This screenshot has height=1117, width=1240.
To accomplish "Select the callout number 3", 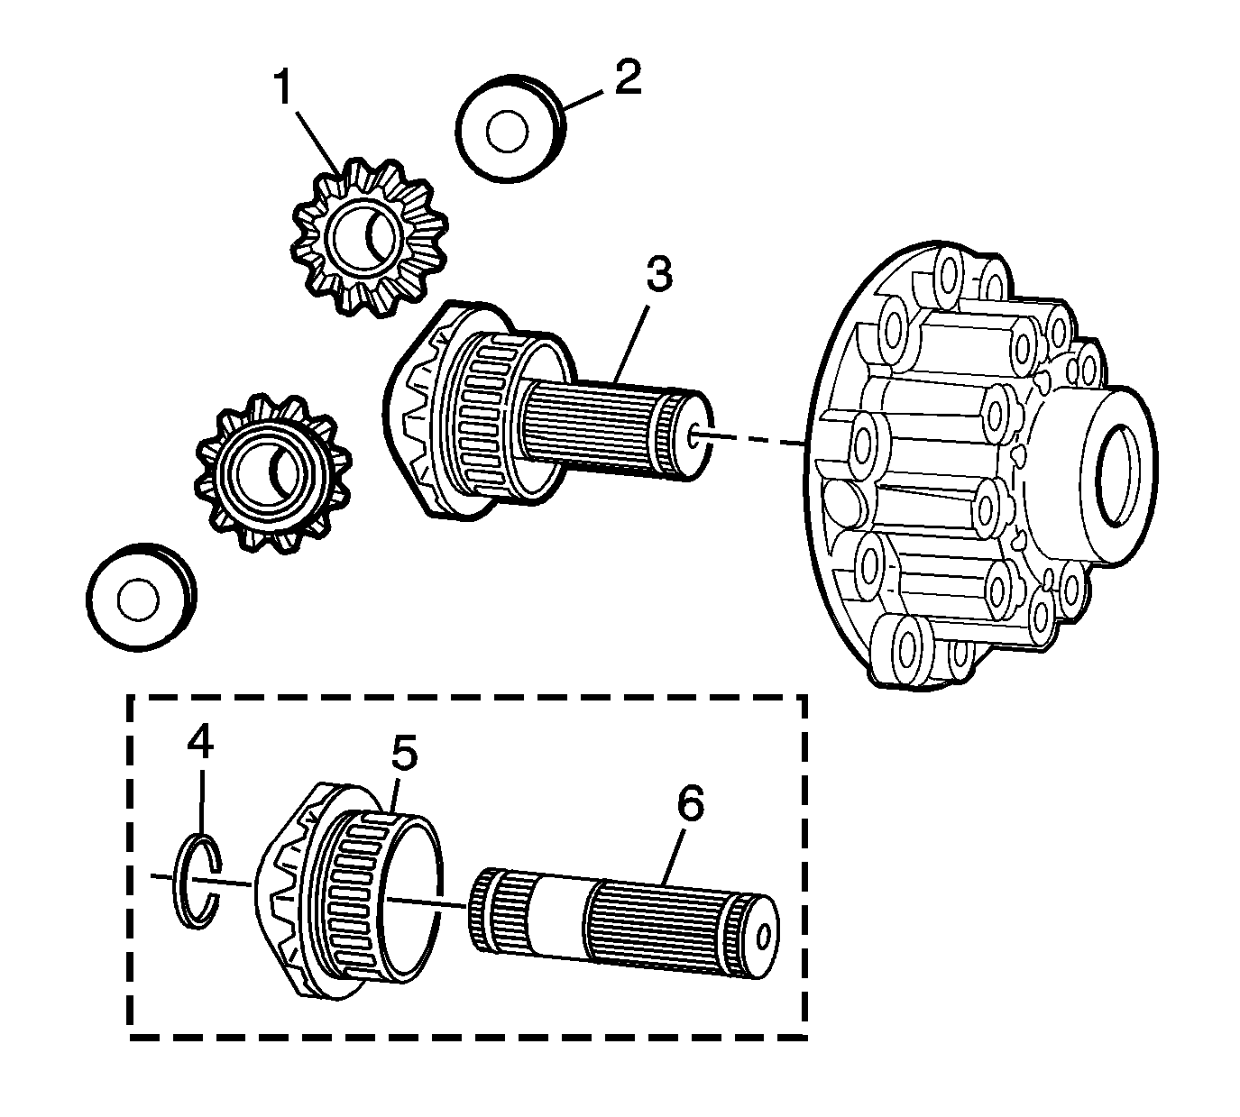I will point(658,275).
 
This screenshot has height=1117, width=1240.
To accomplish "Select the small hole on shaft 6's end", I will point(765,938).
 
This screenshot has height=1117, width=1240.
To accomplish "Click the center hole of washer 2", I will point(506,133).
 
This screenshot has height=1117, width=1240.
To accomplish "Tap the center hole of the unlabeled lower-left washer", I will point(137,600).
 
